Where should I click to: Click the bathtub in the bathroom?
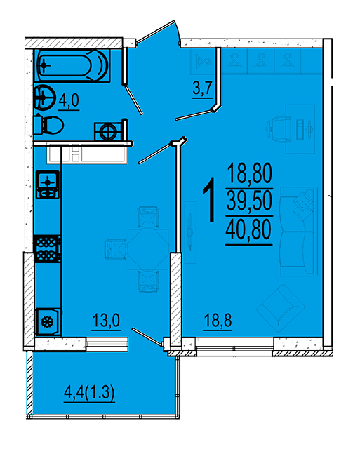pos(72,65)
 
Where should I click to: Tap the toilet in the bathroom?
pos(48,125)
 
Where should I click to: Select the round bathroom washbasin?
pos(45,98)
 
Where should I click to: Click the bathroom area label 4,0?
pos(69,102)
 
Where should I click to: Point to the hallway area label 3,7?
pos(203,89)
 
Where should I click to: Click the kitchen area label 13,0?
pos(106,321)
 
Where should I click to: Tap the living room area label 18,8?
pos(218,321)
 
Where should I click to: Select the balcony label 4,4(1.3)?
pos(89,392)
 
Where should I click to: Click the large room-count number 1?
pos(209,199)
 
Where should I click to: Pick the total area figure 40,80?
pos(248,231)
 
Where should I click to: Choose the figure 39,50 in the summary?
pos(249,201)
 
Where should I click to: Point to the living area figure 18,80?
pos(249,174)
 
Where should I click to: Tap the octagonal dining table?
pos(148,249)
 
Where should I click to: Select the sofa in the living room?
pos(299,232)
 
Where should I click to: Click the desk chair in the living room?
pos(279,129)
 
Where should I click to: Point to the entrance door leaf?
pos(156,31)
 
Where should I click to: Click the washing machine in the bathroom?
pos(108,131)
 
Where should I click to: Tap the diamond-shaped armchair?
pos(281,309)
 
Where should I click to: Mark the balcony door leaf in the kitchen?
pos(147,335)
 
